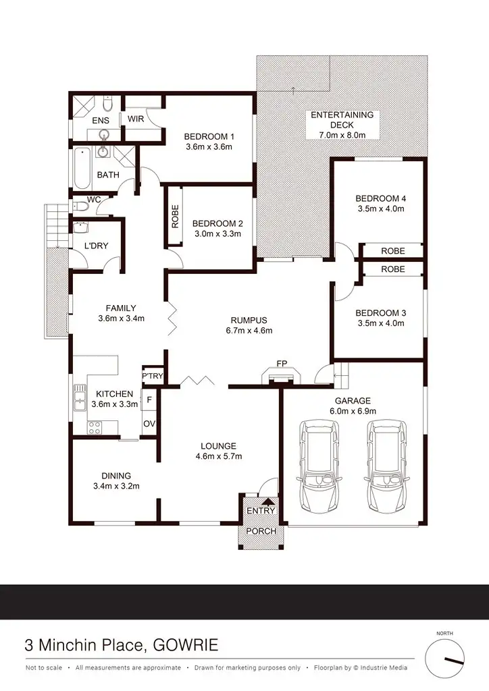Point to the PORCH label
(x=261, y=531)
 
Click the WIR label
(x=136, y=119)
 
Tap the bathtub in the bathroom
(x=81, y=167)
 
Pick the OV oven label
(x=149, y=424)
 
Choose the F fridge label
(x=149, y=399)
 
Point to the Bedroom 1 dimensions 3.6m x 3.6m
(x=209, y=147)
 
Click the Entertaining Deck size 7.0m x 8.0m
(x=342, y=135)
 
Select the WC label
(x=94, y=200)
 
